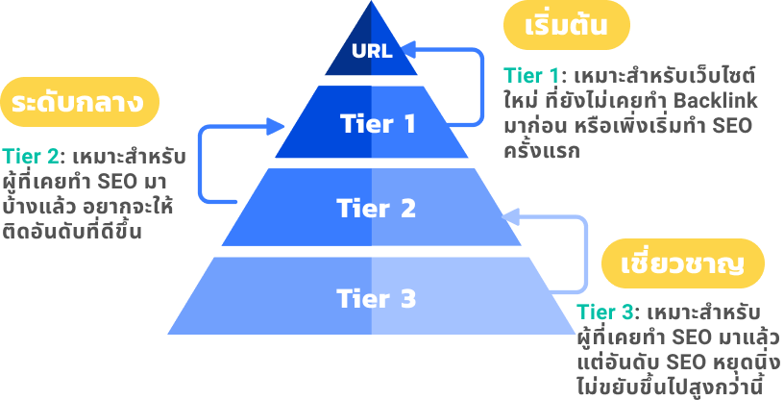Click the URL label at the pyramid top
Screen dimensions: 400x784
coord(372,51)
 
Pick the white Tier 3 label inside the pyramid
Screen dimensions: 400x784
coord(376,299)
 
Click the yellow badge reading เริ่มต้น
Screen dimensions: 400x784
coord(567,27)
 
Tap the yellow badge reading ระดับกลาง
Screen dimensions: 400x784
coord(79,102)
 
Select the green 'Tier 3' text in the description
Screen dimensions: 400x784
coord(606,313)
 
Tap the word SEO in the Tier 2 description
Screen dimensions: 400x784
coord(123,182)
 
